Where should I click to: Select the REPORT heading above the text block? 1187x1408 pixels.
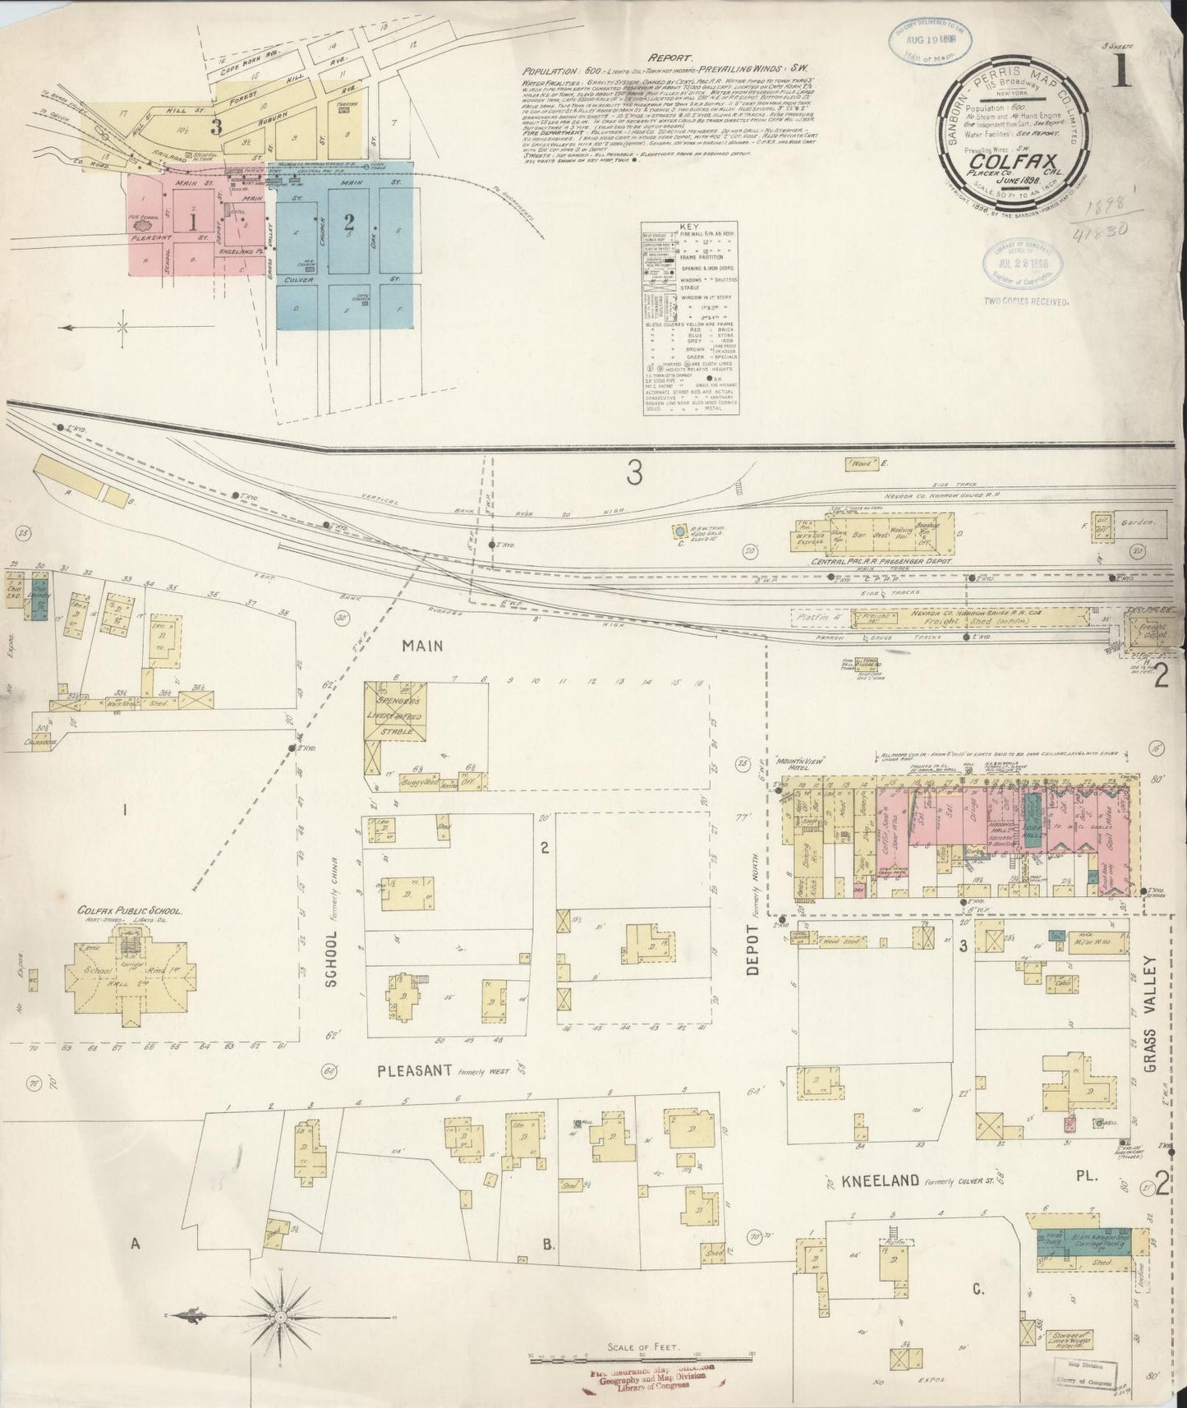(x=671, y=58)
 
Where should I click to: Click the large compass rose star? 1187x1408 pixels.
(x=282, y=1314)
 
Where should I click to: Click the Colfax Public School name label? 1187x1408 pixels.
(x=130, y=911)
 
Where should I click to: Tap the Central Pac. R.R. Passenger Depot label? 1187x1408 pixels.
(x=881, y=561)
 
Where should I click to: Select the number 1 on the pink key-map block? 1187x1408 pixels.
(x=191, y=221)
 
